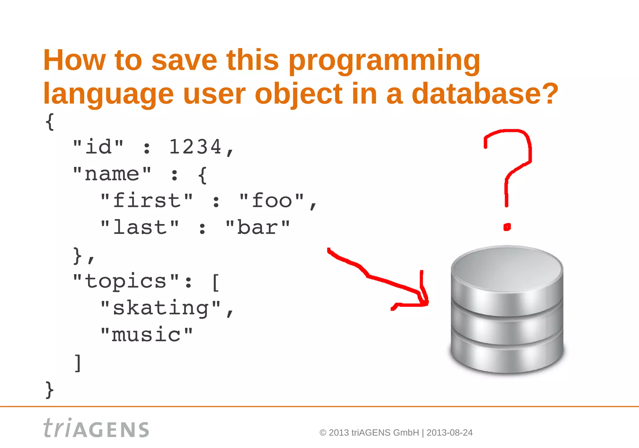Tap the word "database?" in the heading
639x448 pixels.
(x=485, y=94)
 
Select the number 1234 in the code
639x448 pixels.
(x=195, y=147)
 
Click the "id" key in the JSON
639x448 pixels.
(x=98, y=147)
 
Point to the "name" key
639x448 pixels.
(x=112, y=174)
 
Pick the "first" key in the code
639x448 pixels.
(x=146, y=201)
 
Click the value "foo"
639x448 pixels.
(x=271, y=201)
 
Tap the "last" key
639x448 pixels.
(x=139, y=227)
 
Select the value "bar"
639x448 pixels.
(x=257, y=227)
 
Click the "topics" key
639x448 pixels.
(x=126, y=281)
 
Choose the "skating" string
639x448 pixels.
(x=160, y=308)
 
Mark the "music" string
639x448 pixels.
(x=146, y=335)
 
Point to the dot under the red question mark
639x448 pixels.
(x=507, y=227)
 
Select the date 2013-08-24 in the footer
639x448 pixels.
(x=449, y=433)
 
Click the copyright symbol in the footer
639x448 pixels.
(x=323, y=433)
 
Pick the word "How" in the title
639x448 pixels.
(x=74, y=61)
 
